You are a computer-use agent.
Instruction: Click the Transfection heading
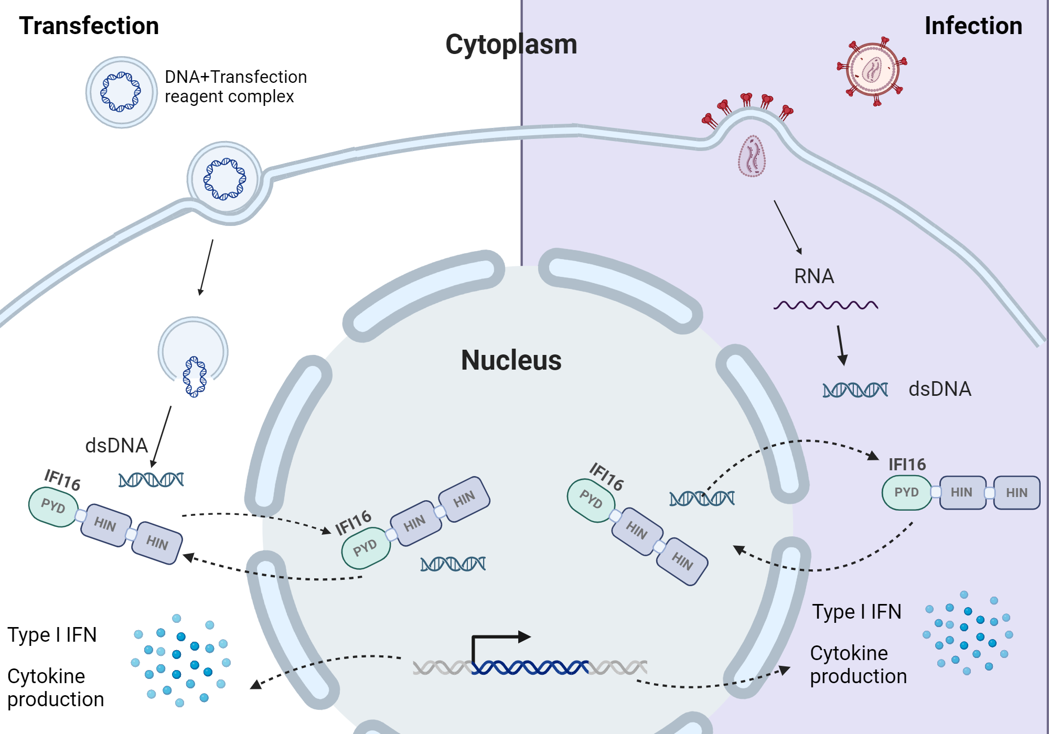[x=89, y=26]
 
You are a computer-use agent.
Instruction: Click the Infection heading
[x=973, y=26]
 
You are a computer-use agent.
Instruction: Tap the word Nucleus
[x=511, y=361]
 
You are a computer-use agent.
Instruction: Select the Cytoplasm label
[x=511, y=45]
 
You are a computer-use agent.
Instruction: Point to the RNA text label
[x=813, y=276]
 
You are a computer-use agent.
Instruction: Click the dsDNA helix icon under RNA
[x=854, y=390]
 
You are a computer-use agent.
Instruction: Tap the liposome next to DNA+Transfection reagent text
[x=121, y=92]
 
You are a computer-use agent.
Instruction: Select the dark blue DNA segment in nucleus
[x=530, y=667]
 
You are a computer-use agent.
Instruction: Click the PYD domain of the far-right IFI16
[x=906, y=492]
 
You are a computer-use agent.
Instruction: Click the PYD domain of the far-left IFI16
[x=53, y=506]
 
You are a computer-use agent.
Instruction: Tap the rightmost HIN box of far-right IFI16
[x=1016, y=492]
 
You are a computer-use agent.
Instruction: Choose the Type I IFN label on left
[x=52, y=635]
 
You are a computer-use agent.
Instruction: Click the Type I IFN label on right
[x=857, y=612]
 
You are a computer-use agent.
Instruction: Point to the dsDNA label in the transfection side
[x=116, y=446]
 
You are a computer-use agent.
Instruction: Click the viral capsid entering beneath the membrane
[x=752, y=156]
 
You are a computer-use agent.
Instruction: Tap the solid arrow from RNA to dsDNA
[x=841, y=345]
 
